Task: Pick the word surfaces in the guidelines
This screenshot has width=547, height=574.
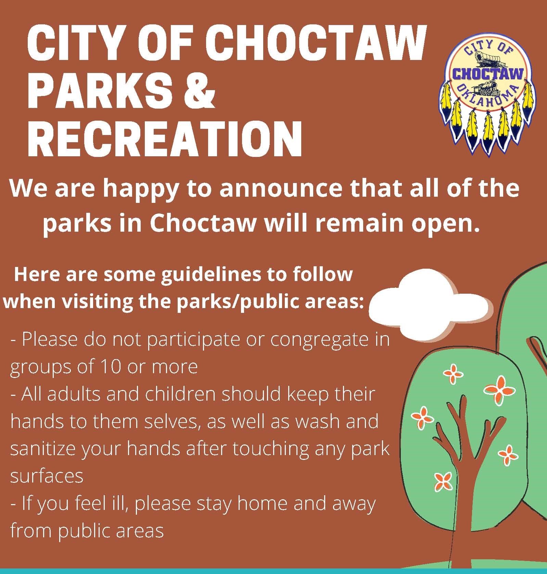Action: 47,476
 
